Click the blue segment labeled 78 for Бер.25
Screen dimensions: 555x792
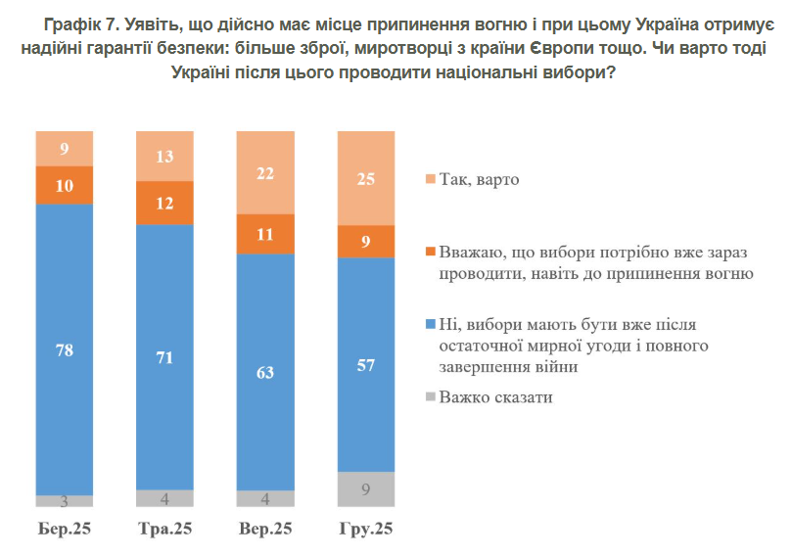[65, 349]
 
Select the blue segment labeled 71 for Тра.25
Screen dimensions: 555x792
[164, 356]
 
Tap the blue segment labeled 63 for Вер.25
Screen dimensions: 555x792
[265, 372]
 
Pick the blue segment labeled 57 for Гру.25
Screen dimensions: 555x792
[365, 365]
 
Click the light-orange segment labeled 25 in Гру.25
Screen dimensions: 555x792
[365, 178]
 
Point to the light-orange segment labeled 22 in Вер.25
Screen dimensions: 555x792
[265, 172]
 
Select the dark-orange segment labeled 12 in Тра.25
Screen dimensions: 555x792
[164, 204]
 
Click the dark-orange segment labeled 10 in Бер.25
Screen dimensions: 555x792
[65, 185]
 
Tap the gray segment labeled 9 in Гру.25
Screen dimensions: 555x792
[365, 489]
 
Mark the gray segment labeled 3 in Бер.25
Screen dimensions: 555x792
[65, 501]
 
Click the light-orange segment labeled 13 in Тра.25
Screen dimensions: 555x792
[164, 157]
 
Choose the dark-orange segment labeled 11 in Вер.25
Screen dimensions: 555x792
[265, 234]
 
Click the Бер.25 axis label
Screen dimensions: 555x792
[65, 530]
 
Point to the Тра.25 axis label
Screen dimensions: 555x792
[164, 530]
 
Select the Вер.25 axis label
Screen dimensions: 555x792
[265, 530]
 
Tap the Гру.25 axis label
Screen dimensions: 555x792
[365, 530]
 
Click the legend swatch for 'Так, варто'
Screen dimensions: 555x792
[430, 180]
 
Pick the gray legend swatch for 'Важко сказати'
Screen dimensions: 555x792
[430, 398]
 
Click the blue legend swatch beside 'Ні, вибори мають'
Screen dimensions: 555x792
[430, 324]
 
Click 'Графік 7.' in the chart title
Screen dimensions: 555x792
[79, 23]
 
